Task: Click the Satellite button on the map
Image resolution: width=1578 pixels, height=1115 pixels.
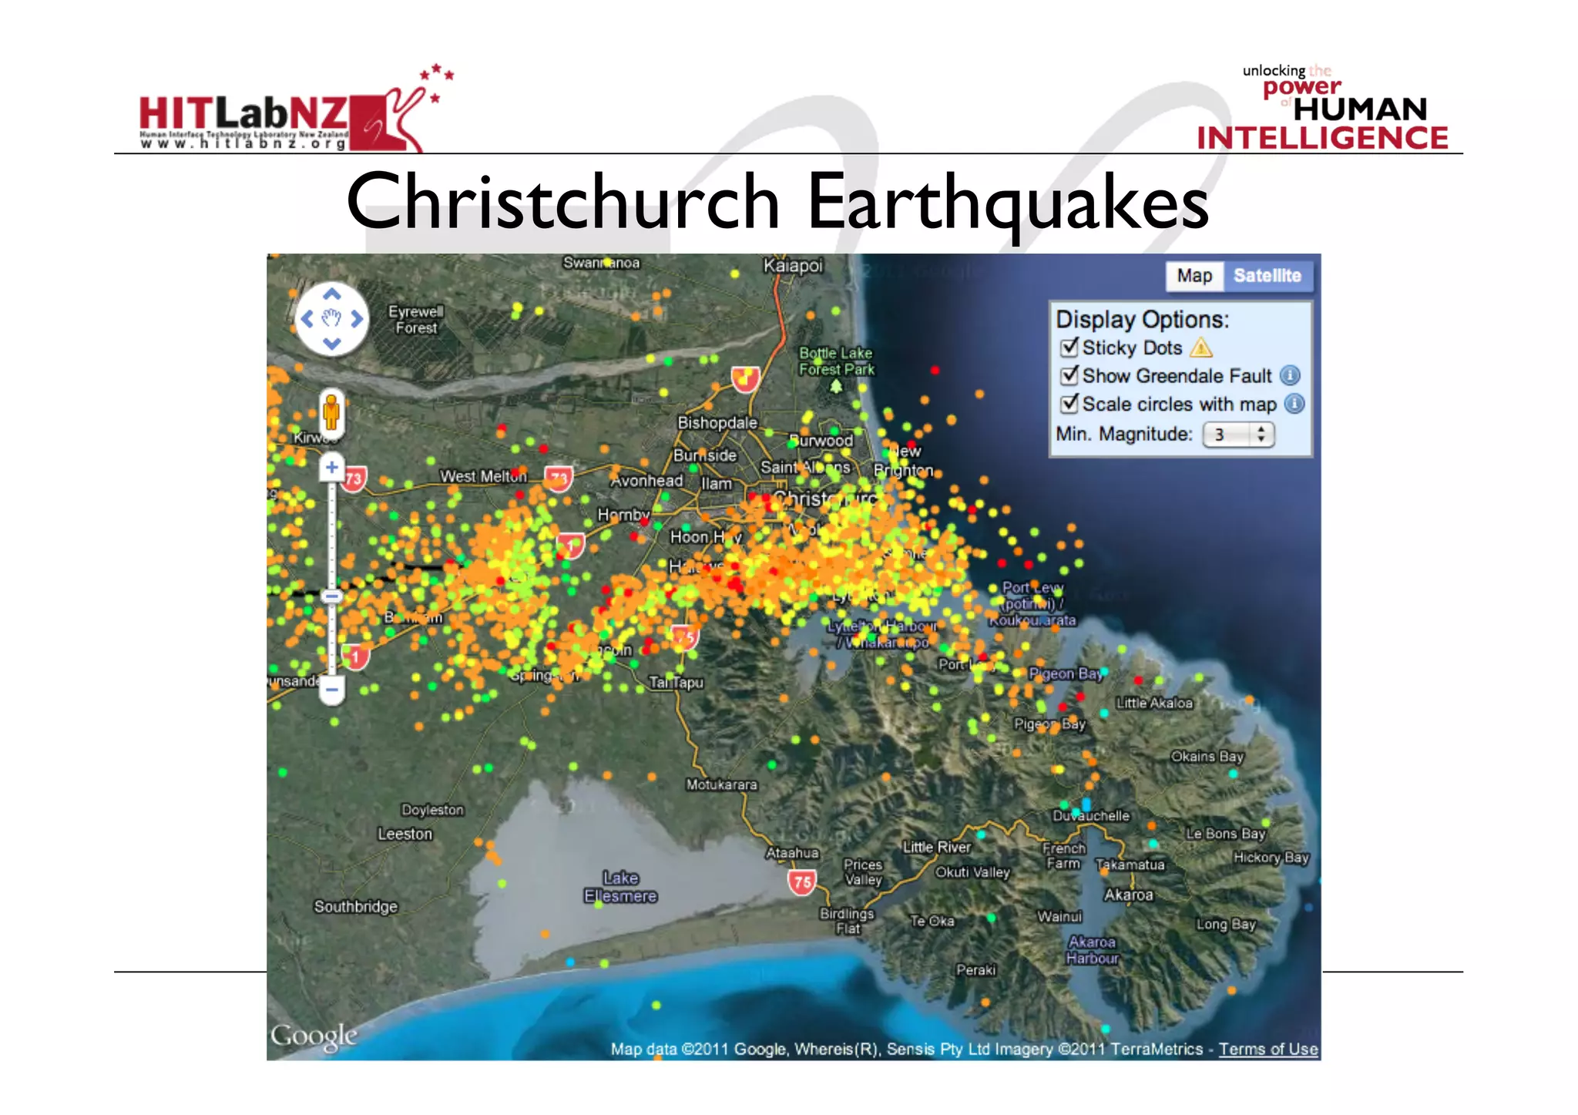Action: tap(1267, 276)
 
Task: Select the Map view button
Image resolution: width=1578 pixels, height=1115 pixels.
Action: tap(1194, 276)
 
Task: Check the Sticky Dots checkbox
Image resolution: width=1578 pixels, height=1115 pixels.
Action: tap(1069, 348)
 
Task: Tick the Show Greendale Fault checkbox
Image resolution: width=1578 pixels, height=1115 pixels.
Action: tap(1069, 375)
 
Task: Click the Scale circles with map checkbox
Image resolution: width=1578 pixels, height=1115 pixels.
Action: tap(1069, 404)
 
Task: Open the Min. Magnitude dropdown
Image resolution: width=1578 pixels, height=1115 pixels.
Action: tap(1238, 435)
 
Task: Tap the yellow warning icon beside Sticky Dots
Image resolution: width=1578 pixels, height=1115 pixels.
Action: tap(1200, 348)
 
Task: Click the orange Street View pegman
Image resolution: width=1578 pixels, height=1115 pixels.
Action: tap(331, 412)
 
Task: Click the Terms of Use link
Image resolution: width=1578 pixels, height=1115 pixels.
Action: tap(1267, 1049)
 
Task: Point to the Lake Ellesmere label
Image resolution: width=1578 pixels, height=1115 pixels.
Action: tap(620, 887)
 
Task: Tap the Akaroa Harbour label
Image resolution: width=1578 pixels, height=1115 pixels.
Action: tap(1092, 950)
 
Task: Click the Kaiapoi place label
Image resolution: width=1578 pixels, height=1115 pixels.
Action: tap(793, 266)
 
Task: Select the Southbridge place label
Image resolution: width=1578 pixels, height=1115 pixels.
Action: tap(355, 906)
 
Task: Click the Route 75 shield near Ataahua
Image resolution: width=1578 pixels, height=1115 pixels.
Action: tap(802, 882)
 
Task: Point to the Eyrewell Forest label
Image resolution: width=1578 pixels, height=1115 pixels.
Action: tap(415, 320)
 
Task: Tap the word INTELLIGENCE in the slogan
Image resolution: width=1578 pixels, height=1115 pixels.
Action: tap(1322, 138)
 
